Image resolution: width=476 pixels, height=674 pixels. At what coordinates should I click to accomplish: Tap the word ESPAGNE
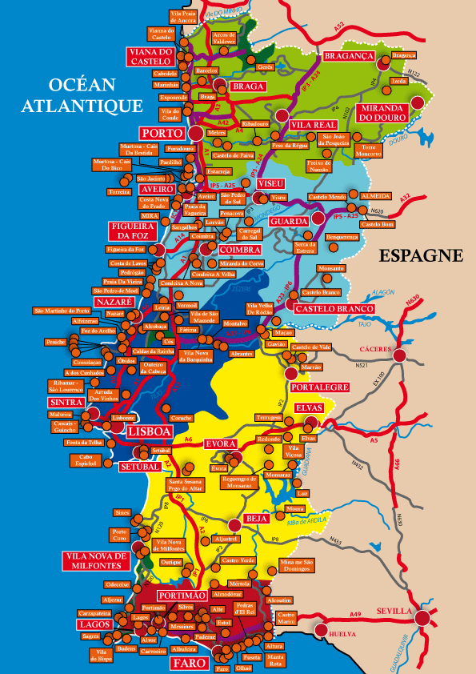coord(421,255)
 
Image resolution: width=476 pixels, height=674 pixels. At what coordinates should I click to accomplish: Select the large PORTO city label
coord(162,132)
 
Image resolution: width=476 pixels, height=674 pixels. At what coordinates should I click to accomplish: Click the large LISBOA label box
coord(150,431)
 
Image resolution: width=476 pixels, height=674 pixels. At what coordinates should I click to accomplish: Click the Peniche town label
coord(55,342)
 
